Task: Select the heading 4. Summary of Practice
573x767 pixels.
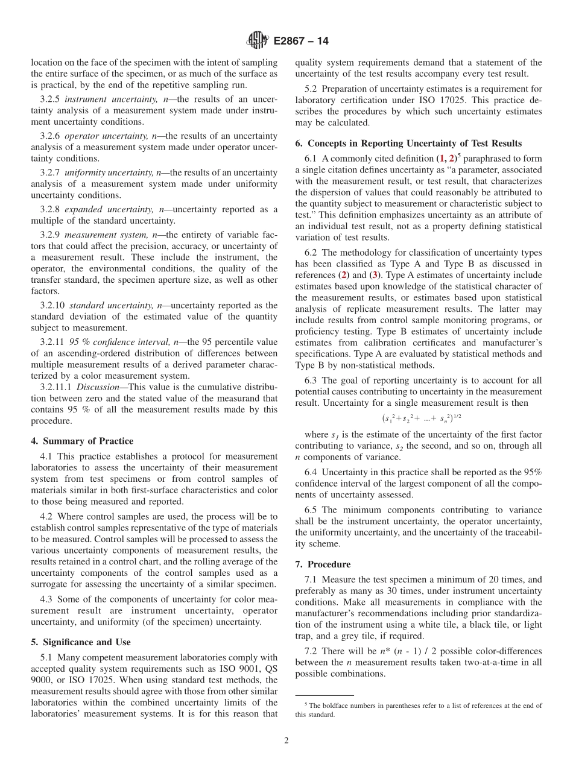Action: point(82,441)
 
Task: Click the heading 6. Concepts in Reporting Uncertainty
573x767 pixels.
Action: point(408,143)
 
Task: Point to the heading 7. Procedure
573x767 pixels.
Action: point(323,564)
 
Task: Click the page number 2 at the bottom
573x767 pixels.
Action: point(286,740)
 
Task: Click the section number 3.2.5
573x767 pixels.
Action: point(50,98)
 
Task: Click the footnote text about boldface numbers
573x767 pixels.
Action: point(418,710)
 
